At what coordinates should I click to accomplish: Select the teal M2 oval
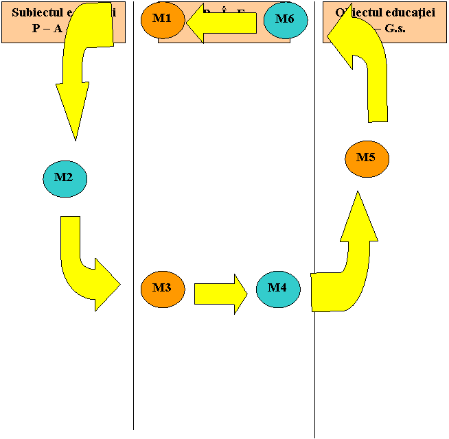coord(65,178)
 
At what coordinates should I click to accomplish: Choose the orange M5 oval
coord(367,158)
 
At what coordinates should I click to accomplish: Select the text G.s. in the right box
coord(393,29)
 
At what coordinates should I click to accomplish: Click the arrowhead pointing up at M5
coord(358,219)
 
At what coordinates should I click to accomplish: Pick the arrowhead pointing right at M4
coord(240,293)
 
